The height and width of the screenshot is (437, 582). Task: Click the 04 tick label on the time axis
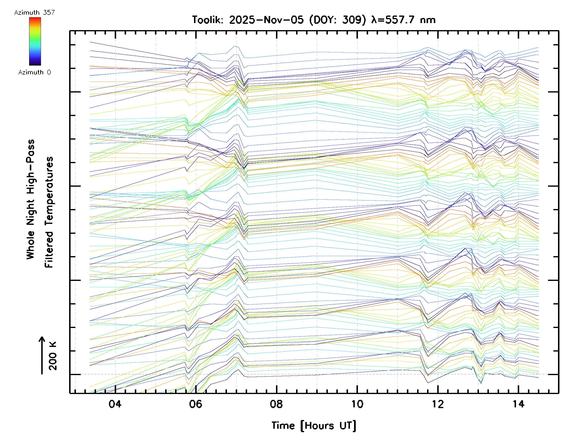coord(115,404)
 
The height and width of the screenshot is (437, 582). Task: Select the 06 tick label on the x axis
coord(195,404)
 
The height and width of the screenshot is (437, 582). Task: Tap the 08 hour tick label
coord(276,404)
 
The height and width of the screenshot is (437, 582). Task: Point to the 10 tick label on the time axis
coord(357,404)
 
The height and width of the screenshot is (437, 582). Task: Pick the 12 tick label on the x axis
coord(438,404)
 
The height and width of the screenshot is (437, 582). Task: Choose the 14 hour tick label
coord(518,404)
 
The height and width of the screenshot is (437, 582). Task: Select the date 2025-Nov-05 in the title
coord(266,20)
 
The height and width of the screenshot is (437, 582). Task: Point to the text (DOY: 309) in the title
coord(338,20)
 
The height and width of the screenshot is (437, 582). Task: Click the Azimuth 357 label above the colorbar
coord(34,12)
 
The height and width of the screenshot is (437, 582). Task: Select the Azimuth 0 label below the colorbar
coord(34,72)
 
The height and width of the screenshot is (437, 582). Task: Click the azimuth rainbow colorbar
coord(35,41)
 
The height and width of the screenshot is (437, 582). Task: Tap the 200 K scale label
coord(53,356)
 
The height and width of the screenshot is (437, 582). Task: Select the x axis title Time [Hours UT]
coord(314,426)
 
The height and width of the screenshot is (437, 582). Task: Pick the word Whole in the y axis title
coord(31,245)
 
